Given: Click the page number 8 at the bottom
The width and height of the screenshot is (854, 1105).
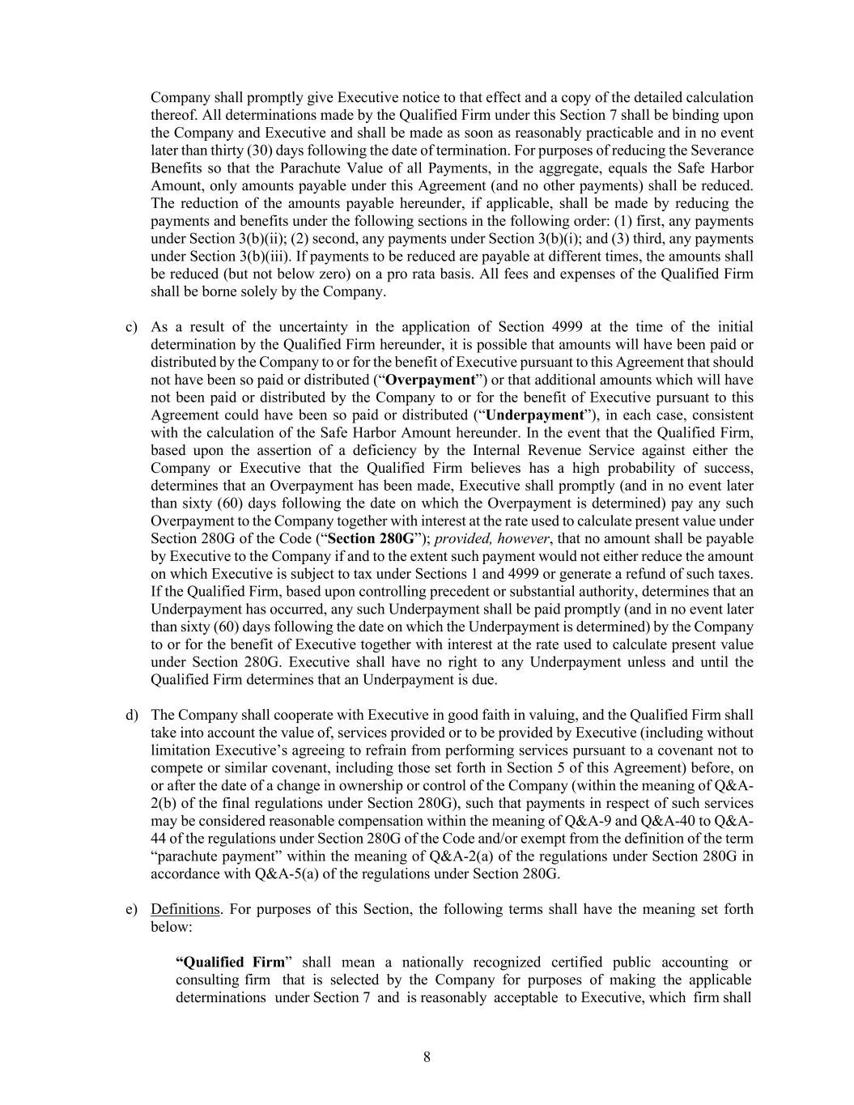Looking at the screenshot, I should [427, 1056].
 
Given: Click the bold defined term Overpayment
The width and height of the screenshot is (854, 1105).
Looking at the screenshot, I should [430, 380].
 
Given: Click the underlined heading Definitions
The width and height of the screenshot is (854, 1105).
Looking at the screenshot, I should [185, 908].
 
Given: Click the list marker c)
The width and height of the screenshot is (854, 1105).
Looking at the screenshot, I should [131, 327].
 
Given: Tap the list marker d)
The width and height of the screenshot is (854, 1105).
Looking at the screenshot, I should [131, 715].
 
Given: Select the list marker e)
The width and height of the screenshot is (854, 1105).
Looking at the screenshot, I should [131, 908].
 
